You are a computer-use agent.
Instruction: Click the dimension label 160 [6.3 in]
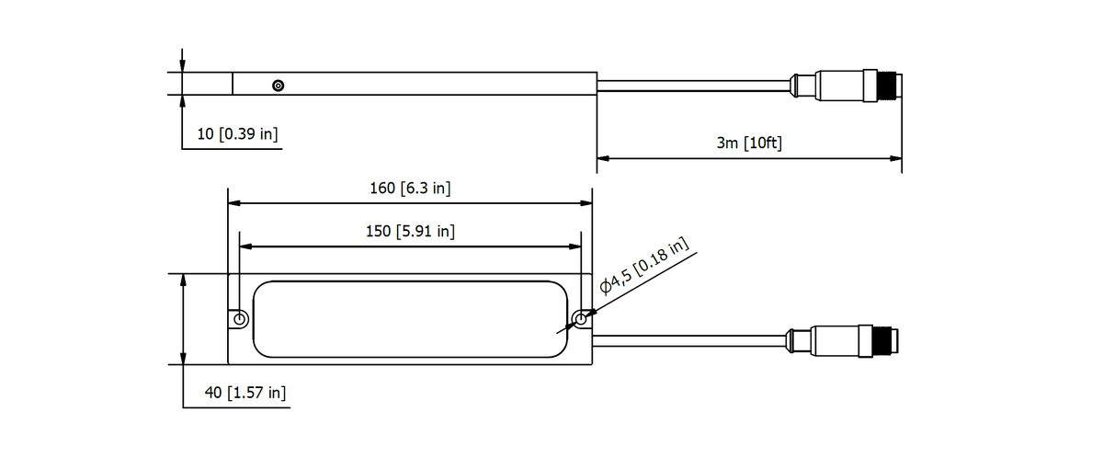coord(410,189)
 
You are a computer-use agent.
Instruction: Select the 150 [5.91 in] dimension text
coord(410,231)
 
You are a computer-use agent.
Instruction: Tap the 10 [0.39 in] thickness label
coord(237,133)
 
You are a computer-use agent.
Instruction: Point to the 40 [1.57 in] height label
coord(245,393)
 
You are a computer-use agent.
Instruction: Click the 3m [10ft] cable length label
coord(749,143)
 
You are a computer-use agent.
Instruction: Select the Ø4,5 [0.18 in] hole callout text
coord(644,267)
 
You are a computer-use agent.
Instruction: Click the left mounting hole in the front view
coord(240,319)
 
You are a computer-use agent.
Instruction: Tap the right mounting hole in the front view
coord(581,319)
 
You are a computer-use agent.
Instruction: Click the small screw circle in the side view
coord(279,86)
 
